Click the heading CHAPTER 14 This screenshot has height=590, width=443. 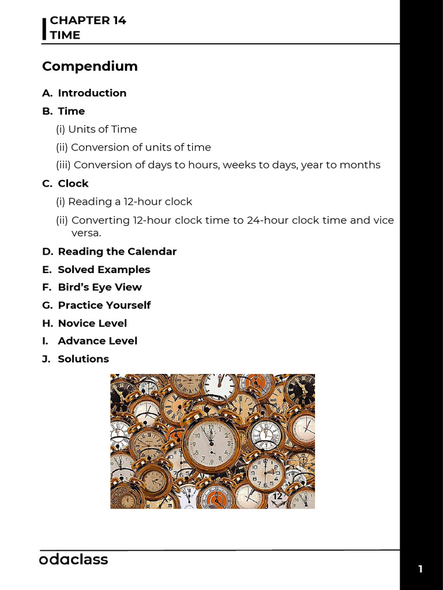point(88,20)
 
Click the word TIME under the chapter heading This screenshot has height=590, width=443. point(65,35)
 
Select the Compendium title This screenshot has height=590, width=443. point(90,66)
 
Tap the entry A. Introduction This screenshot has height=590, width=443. point(84,93)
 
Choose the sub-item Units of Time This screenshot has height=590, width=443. point(96,129)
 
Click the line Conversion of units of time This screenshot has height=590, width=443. point(133,147)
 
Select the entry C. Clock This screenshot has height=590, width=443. point(65,183)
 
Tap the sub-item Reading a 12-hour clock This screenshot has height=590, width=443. point(124,202)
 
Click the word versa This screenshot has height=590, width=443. point(86,233)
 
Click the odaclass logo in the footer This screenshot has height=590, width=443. point(73,559)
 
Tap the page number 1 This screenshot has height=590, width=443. point(421,569)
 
